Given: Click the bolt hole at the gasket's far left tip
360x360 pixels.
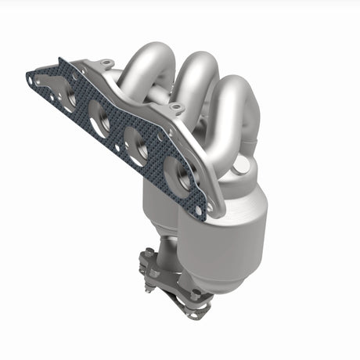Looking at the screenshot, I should tap(32, 78).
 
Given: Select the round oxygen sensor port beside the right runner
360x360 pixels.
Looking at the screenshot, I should tap(248, 166).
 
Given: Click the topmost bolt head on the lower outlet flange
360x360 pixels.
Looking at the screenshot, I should tap(146, 254).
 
